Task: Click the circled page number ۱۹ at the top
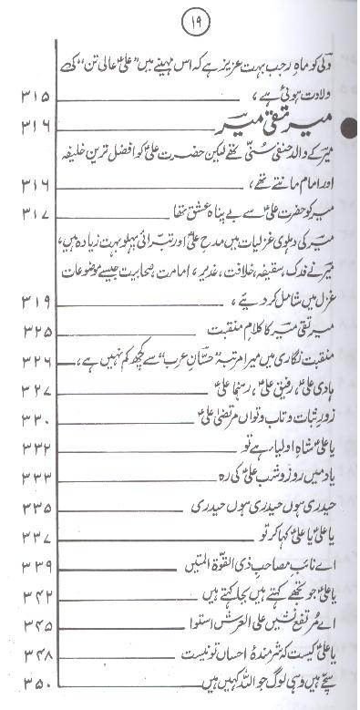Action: coord(180,19)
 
